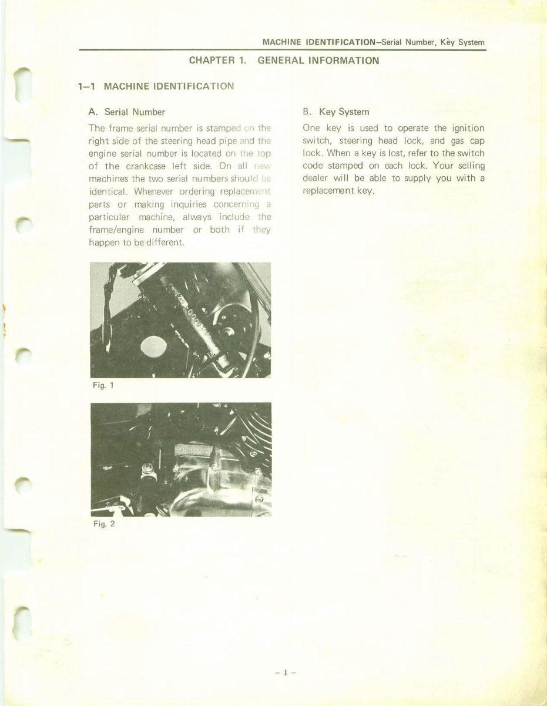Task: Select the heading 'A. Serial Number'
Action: [126, 112]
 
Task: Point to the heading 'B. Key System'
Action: [336, 112]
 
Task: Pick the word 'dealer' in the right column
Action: [316, 179]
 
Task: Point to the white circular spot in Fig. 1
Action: [153, 347]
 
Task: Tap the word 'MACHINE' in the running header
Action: [282, 42]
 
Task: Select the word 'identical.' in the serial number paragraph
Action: [108, 191]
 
